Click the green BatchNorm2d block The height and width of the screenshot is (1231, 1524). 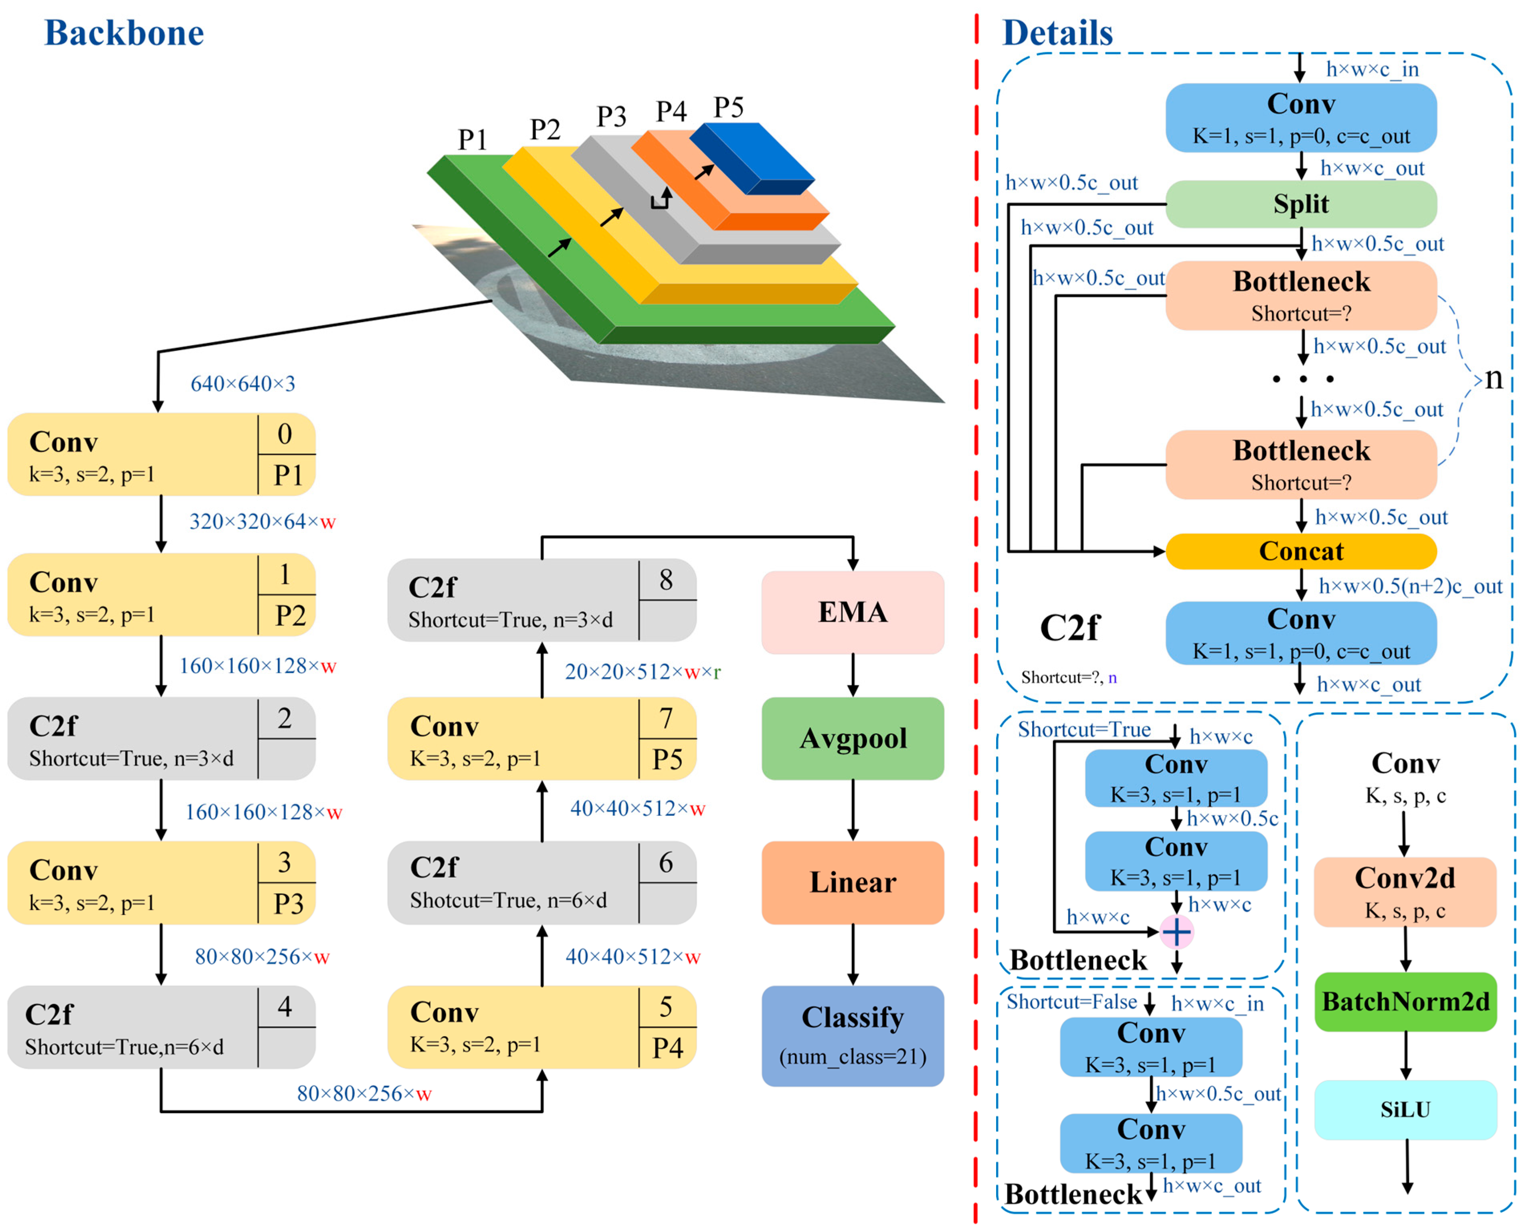[x=1405, y=1001]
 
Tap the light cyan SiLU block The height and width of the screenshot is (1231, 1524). [x=1405, y=1109]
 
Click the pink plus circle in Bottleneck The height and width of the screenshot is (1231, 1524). [x=1176, y=932]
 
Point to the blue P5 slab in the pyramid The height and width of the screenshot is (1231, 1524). [x=752, y=158]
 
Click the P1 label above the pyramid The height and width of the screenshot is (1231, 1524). [x=472, y=139]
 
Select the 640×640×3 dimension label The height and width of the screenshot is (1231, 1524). [x=243, y=384]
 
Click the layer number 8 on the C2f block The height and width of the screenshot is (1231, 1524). [x=665, y=580]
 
